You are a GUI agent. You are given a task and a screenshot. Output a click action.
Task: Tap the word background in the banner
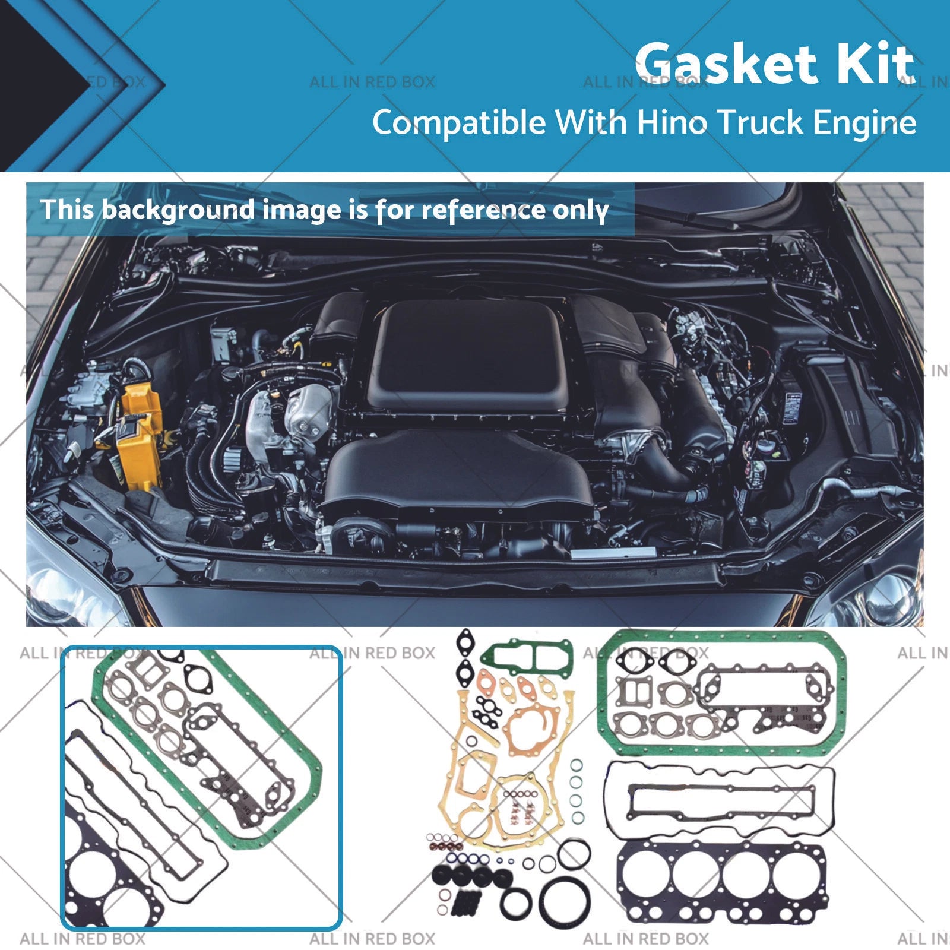point(178,210)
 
